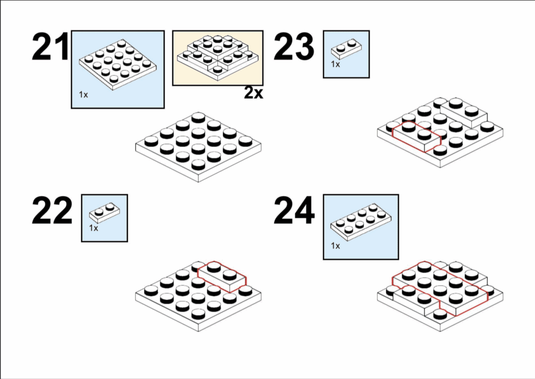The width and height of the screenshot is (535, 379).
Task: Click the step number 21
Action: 51,47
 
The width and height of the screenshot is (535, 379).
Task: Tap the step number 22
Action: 52,210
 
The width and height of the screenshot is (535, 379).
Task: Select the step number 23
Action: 294,47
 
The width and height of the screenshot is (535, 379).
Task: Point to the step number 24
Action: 294,210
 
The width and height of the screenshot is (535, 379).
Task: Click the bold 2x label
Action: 253,93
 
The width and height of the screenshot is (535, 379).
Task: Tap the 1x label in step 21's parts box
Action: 83,95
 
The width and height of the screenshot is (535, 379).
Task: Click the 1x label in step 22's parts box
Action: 94,228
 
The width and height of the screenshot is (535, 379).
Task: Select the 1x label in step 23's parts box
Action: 335,64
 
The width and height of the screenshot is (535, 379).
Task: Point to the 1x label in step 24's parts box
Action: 335,246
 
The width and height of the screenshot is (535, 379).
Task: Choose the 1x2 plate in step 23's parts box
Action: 346,49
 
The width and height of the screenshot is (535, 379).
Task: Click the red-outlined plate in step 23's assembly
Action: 417,136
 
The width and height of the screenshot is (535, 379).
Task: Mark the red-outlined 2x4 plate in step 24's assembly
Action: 440,289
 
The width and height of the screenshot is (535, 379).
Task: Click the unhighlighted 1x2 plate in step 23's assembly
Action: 463,112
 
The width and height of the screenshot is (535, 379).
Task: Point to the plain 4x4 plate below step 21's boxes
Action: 198,147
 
